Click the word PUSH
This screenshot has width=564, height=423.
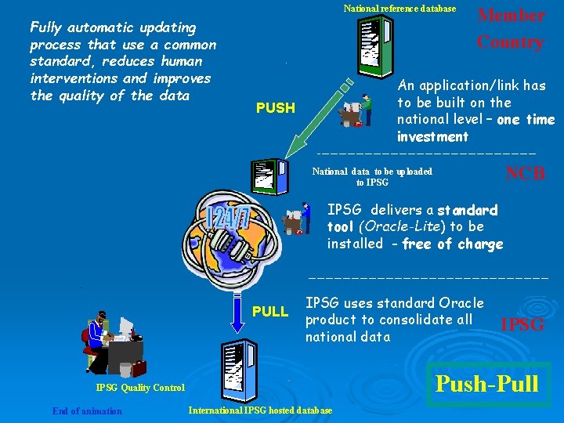[276, 108]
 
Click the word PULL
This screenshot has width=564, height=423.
[270, 312]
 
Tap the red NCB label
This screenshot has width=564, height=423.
[526, 174]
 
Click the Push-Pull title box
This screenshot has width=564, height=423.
[486, 383]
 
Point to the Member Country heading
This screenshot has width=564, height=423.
[511, 28]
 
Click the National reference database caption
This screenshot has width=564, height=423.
[399, 9]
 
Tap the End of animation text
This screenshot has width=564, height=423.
[87, 411]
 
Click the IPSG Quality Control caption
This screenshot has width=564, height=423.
[140, 387]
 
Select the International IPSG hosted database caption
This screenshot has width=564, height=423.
[260, 411]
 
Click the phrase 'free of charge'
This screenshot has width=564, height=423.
[457, 244]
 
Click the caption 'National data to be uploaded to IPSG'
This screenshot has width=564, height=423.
[372, 176]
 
